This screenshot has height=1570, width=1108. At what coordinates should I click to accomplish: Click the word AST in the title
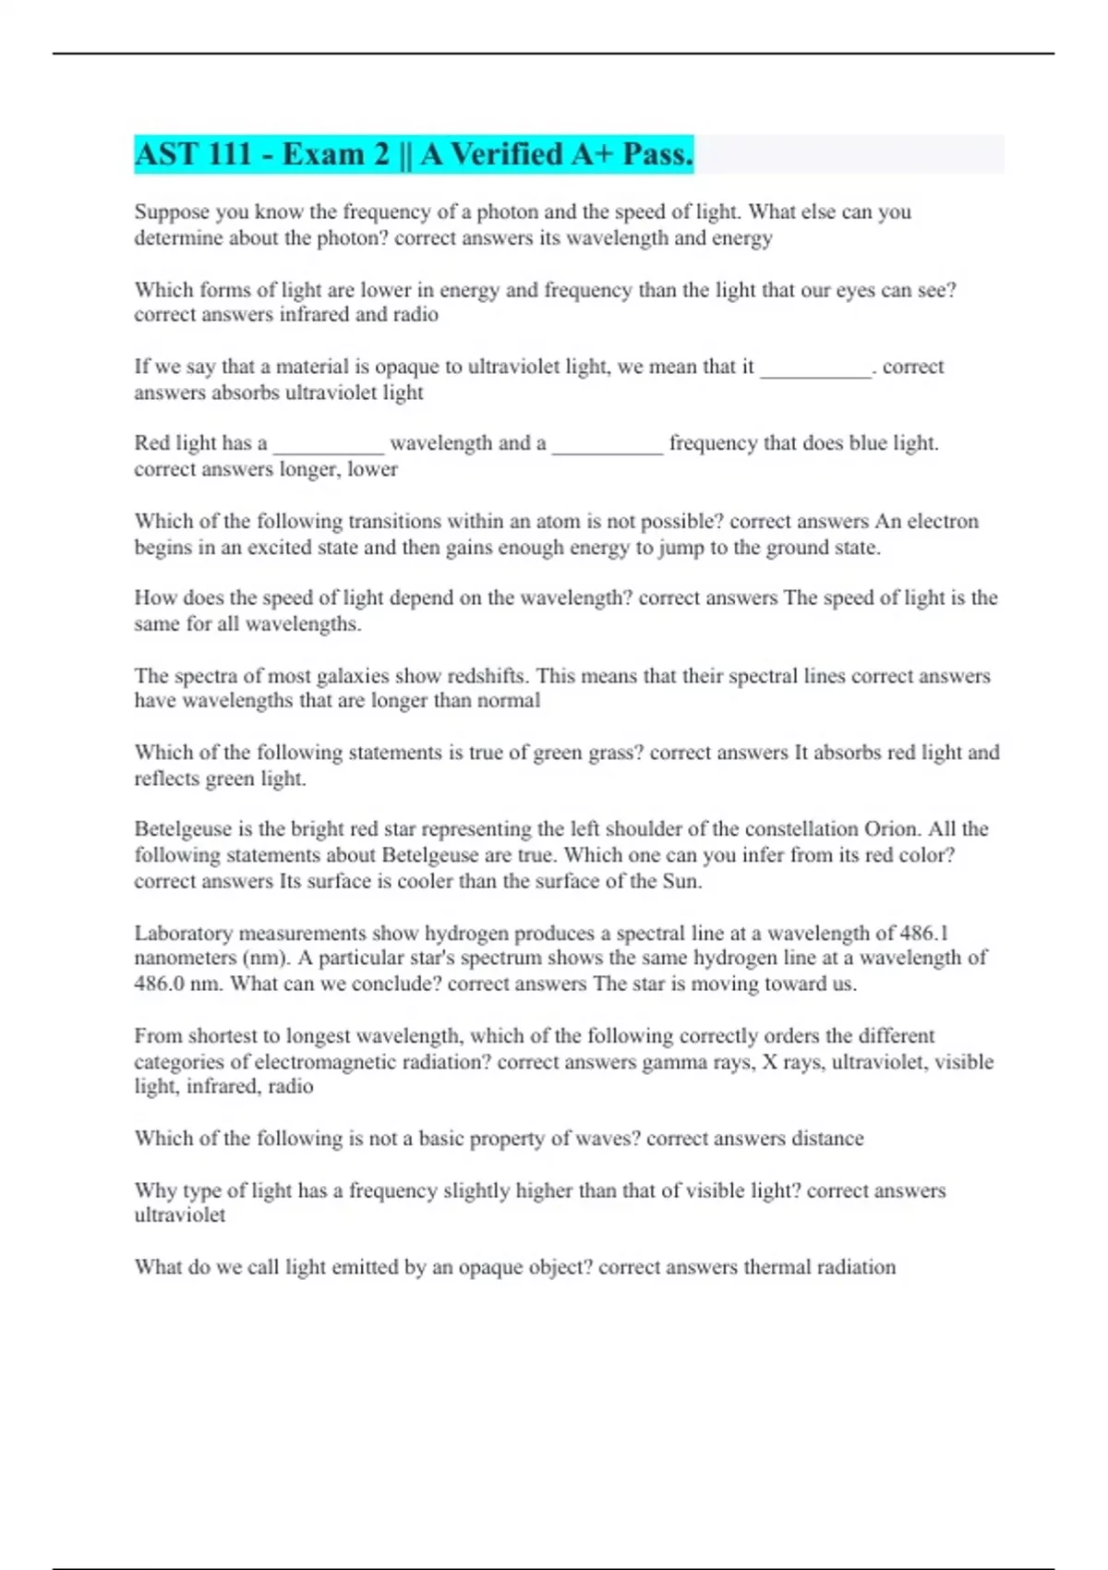click(x=162, y=154)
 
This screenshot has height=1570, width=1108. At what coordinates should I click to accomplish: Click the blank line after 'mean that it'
click(x=815, y=368)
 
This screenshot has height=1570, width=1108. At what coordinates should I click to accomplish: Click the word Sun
click(x=681, y=881)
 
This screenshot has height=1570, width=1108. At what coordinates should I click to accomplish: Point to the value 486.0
click(x=159, y=984)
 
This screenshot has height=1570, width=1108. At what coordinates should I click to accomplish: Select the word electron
click(x=943, y=522)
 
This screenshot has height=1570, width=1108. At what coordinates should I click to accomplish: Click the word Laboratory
click(x=183, y=933)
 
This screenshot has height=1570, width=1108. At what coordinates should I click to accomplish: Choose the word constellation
click(x=801, y=829)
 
